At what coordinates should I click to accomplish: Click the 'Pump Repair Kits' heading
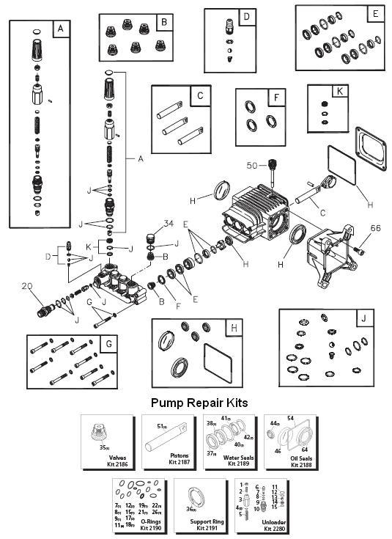point(199,403)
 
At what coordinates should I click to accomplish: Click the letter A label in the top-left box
point(61,30)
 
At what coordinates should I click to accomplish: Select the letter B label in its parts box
point(163,22)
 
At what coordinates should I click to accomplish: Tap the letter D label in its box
point(247,16)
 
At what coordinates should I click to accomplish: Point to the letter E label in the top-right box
point(375,15)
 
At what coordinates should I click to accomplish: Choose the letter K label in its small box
point(339,93)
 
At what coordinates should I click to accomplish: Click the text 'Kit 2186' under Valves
point(107,464)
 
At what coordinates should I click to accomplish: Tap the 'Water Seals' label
point(230,458)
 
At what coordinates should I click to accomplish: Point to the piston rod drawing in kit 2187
point(169,437)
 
